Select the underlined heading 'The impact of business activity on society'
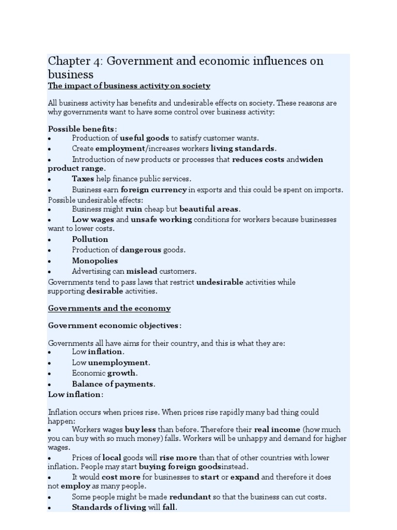[129, 86]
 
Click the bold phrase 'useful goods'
[145, 138]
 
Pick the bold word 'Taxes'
[83, 179]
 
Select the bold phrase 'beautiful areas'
[209, 209]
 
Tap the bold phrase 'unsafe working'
[161, 219]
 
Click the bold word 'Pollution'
[90, 239]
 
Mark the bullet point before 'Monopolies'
[50, 261]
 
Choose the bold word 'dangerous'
[141, 250]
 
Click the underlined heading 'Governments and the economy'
[109, 308]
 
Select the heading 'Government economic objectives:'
[115, 326]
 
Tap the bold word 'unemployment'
[118, 362]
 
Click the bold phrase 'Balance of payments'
[113, 384]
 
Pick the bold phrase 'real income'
[277, 430]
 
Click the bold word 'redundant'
[190, 497]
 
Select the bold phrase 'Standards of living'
[109, 508]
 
